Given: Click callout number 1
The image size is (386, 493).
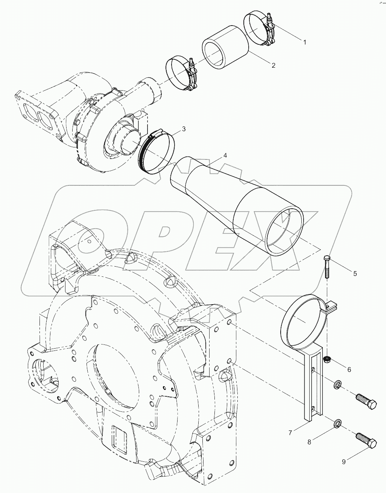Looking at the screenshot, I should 304,42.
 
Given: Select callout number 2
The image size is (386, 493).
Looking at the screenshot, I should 273,65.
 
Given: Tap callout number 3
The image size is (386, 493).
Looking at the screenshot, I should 183,129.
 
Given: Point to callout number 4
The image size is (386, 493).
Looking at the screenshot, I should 225,155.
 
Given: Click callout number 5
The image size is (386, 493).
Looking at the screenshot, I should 354,273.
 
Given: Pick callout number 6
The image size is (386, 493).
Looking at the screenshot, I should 349,370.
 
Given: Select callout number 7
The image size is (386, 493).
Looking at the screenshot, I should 290,433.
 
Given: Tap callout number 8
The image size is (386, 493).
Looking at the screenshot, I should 309,442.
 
